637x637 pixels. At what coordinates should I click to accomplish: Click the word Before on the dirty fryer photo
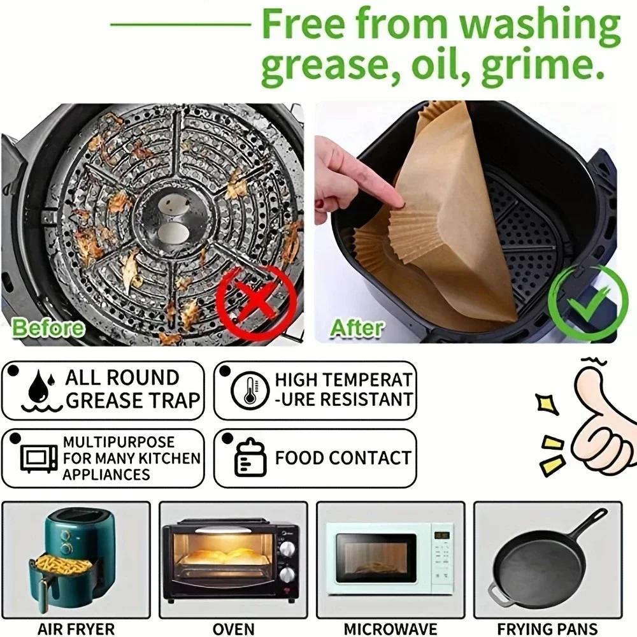pyautogui.click(x=48, y=328)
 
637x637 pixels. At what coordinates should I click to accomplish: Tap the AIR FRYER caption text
pyautogui.click(x=76, y=627)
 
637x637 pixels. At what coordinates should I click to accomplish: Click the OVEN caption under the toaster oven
pyautogui.click(x=233, y=627)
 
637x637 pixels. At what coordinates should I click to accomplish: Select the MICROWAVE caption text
pyautogui.click(x=390, y=627)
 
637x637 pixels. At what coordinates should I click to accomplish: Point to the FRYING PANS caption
pyautogui.click(x=548, y=627)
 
